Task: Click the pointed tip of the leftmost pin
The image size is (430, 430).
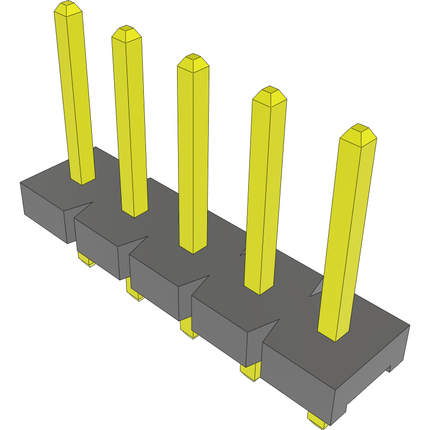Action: (x=68, y=7)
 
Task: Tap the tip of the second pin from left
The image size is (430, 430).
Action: (x=126, y=32)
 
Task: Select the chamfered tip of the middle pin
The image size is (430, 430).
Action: (x=193, y=60)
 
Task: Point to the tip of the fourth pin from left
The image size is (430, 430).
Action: (x=269, y=93)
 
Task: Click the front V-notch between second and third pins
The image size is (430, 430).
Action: (x=135, y=245)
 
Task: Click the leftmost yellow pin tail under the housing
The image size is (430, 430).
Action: (x=85, y=259)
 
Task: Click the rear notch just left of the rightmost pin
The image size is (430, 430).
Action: (x=317, y=288)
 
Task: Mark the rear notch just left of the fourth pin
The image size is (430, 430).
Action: (x=243, y=252)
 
